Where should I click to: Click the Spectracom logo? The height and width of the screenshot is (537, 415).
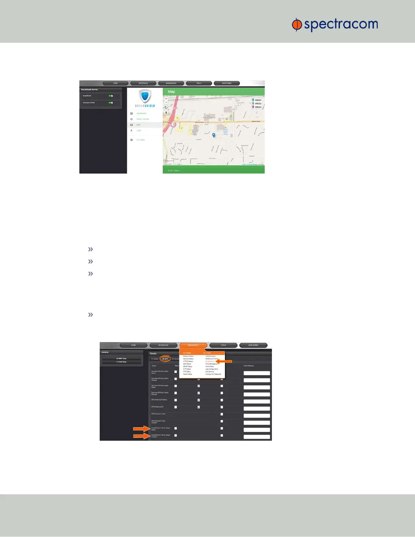coord(335,25)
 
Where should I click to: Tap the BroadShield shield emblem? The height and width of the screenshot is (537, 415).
coord(145,96)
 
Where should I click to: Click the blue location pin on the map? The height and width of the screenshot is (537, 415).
coord(214,135)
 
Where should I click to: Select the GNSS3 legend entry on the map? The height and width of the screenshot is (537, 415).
coord(257,107)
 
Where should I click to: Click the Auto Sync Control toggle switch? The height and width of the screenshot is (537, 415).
coord(111,103)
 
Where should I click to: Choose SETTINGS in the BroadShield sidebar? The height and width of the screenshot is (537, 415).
coord(140,140)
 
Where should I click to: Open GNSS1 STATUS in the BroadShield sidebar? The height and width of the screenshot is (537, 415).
coord(142,119)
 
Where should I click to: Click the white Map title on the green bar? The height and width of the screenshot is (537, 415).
coord(172,92)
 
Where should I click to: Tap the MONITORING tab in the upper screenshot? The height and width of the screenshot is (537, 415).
coord(226,83)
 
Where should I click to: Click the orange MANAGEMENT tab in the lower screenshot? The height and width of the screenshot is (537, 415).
coord(193,345)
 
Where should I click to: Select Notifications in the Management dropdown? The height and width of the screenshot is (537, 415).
coord(210,361)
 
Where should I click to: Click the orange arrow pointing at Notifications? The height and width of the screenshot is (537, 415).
coord(223,361)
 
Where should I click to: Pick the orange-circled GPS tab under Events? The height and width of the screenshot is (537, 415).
coord(165,359)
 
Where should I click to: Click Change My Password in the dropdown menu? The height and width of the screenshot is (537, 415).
coord(213,374)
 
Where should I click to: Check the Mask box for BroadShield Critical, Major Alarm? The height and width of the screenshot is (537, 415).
coord(176,429)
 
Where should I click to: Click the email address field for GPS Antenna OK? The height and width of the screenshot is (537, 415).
coord(257,409)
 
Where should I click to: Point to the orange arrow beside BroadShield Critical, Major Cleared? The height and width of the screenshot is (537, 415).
coord(141,436)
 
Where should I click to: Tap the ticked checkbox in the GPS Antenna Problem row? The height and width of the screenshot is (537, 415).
coord(199,400)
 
